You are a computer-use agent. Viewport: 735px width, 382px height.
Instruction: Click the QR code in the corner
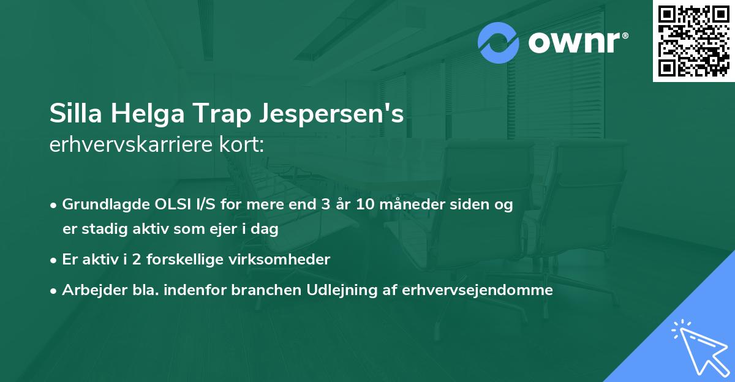[x=693, y=41]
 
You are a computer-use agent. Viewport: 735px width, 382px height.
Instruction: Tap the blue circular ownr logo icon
[x=499, y=42]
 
